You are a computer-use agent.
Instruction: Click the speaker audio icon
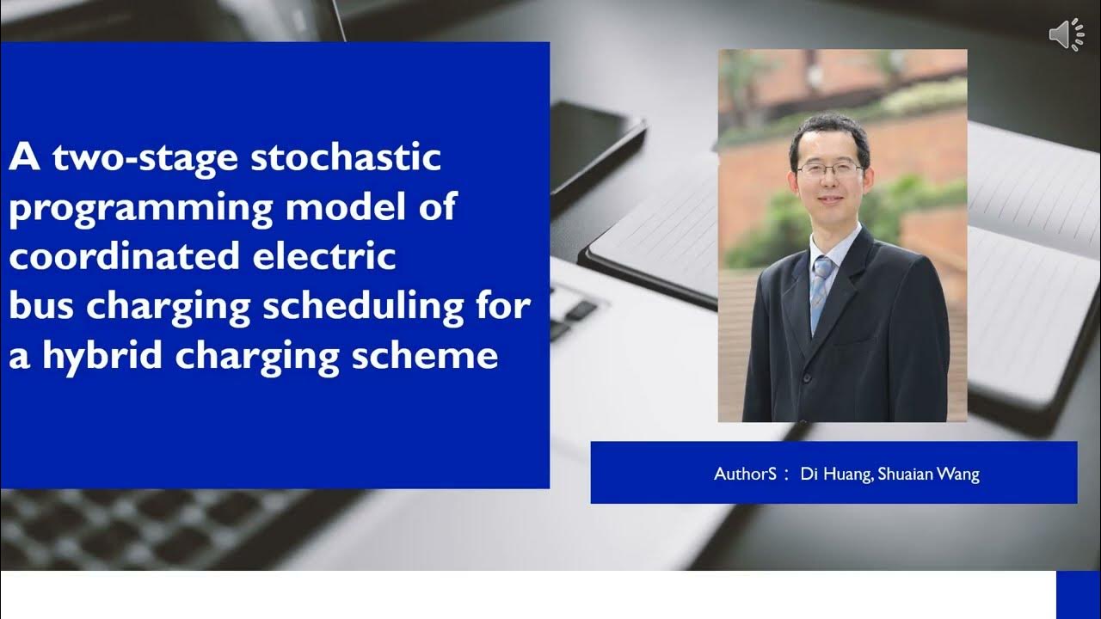coord(1066,34)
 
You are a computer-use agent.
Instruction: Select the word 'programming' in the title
coord(138,208)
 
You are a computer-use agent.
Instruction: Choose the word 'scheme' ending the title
coord(438,355)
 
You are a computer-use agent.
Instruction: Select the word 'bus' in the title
coord(39,306)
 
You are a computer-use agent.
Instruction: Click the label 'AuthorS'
coord(745,474)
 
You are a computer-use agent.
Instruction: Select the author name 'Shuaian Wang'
coord(929,474)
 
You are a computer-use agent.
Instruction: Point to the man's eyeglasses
coord(828,169)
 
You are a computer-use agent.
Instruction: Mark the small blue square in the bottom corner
coord(1078,594)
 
